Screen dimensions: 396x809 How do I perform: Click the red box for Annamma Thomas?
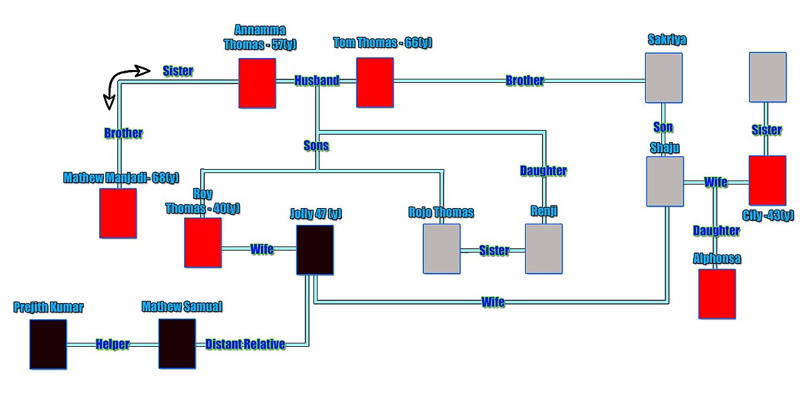(x=257, y=83)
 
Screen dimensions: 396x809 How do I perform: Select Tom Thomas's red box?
(x=375, y=82)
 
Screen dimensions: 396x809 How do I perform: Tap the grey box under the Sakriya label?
(x=664, y=77)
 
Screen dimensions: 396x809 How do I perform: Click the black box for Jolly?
(x=315, y=250)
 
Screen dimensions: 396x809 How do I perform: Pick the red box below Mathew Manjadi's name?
(x=118, y=213)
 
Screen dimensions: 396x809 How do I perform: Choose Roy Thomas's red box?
(x=203, y=242)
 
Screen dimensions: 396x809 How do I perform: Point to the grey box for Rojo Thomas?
(x=442, y=249)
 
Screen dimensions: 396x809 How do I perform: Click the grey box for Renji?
(x=544, y=249)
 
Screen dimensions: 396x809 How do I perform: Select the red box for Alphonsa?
(x=717, y=294)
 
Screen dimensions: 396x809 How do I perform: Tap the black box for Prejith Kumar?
(x=49, y=344)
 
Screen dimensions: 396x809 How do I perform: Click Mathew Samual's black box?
(x=177, y=344)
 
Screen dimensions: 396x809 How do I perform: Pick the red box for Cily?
(x=767, y=180)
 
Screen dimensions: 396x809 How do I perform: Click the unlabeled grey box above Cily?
(x=768, y=77)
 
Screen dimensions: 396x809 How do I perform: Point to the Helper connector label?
(x=113, y=344)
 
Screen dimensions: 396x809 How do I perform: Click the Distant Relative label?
(x=245, y=344)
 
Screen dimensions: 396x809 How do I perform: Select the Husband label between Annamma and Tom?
(x=316, y=81)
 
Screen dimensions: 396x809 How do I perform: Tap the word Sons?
(x=316, y=144)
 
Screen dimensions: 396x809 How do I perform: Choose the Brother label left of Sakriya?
(x=525, y=81)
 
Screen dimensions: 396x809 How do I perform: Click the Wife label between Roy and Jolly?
(x=262, y=249)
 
